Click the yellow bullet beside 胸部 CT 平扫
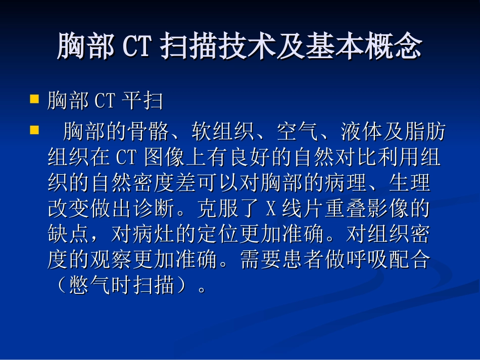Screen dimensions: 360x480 pyautogui.click(x=35, y=98)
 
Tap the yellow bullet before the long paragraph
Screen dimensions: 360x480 pyautogui.click(x=35, y=130)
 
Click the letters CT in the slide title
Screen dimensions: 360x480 pyautogui.click(x=137, y=46)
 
